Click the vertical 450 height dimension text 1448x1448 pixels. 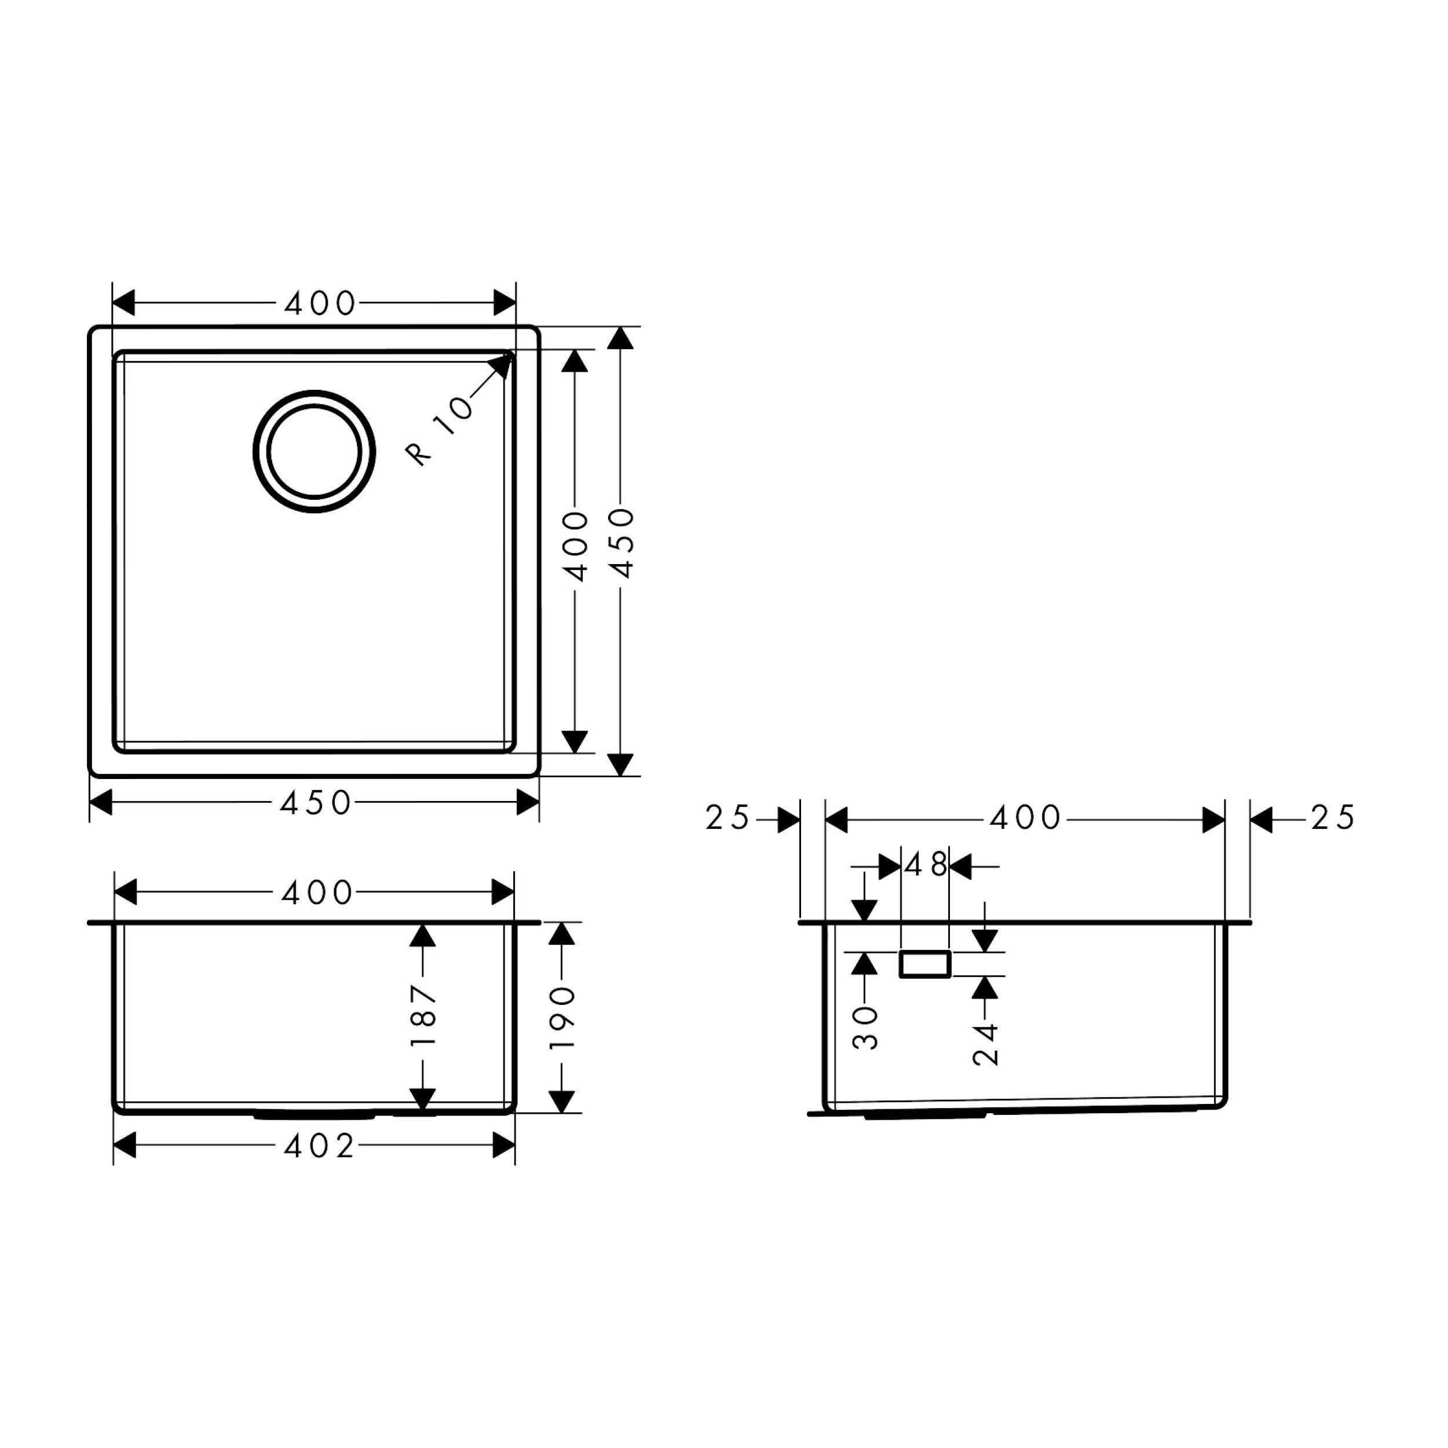[621, 543]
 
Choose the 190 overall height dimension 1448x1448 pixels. [562, 1017]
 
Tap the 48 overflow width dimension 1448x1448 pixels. [926, 866]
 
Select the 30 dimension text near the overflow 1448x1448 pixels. [866, 1028]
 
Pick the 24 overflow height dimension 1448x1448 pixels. [986, 1044]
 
